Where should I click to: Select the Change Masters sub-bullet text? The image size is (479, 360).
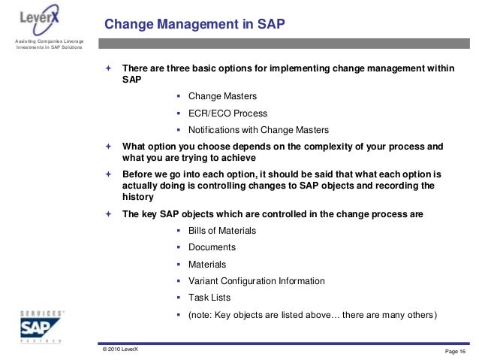[221, 96]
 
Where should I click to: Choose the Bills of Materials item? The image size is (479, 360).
[222, 230]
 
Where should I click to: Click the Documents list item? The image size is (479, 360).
[212, 247]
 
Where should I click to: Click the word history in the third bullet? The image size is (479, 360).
[137, 197]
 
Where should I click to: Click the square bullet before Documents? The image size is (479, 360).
[179, 247]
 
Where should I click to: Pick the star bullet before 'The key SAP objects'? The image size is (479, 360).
[108, 214]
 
